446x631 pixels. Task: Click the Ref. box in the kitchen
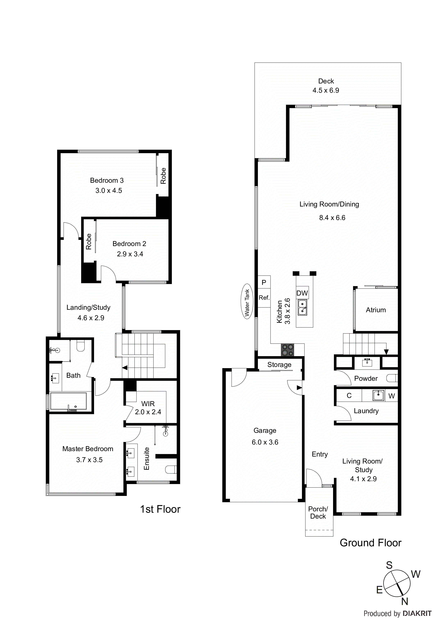[x=264, y=298]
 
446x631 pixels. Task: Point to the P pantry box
[x=264, y=282]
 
